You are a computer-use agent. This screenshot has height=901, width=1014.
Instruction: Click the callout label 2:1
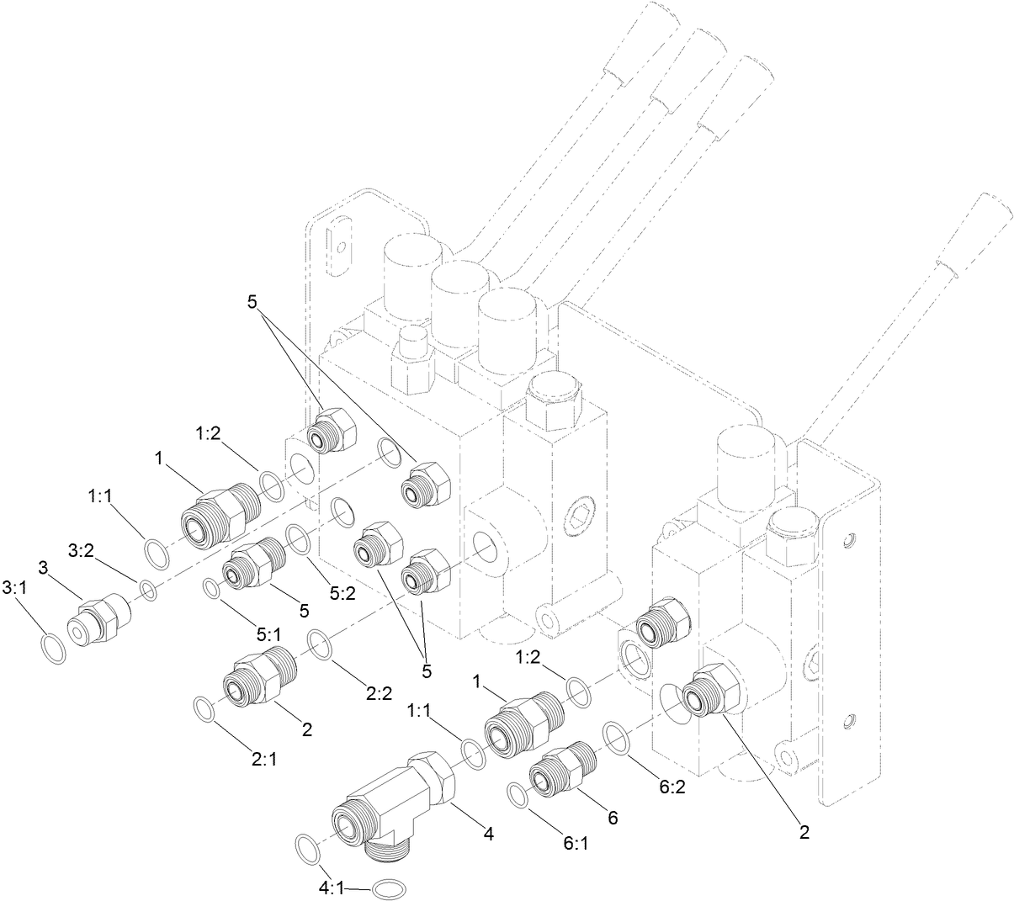coord(263,758)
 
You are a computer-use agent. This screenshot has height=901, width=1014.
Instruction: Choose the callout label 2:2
coord(380,694)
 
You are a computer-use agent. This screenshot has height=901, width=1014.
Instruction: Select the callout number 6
coord(612,817)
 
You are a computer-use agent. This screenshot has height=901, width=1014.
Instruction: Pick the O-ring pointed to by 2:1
coord(204,708)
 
